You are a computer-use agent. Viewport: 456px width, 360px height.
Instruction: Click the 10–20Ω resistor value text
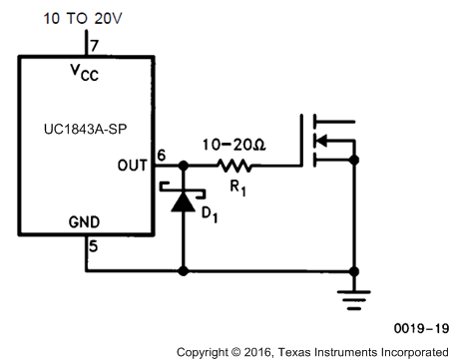[x=232, y=144]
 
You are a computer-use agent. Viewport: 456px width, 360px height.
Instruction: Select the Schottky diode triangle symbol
[x=182, y=201]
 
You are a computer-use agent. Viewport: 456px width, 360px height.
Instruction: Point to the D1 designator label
[x=211, y=214]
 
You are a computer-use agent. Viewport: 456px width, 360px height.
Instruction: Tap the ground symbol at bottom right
[x=356, y=290]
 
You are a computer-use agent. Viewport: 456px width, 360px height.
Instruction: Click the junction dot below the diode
[x=183, y=269]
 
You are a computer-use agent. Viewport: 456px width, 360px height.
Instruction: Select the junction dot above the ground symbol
[x=356, y=269]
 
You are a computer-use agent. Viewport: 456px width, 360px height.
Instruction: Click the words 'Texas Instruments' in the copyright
[x=327, y=350]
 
